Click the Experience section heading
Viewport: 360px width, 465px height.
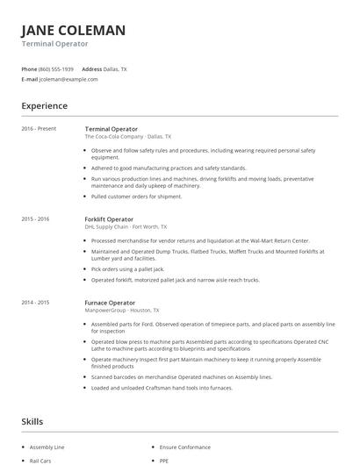point(45,106)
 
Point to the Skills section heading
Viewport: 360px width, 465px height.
point(32,422)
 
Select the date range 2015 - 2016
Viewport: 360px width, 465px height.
point(35,218)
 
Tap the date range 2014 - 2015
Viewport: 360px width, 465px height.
point(35,303)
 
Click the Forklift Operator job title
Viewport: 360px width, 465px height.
point(109,218)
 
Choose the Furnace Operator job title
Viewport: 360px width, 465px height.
point(109,303)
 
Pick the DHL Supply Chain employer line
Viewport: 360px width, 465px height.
point(126,226)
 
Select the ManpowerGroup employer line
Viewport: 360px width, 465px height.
point(122,311)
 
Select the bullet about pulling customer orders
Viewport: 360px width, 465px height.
point(136,197)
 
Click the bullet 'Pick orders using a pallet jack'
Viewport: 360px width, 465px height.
point(133,268)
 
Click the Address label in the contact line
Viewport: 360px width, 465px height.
point(92,68)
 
